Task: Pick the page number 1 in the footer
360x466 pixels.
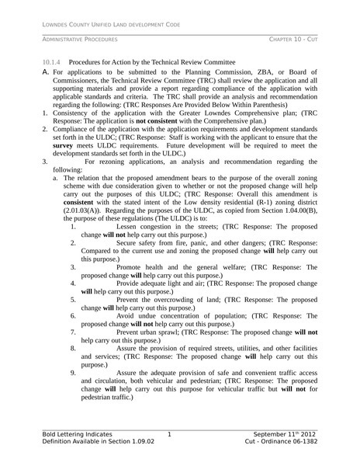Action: tap(169, 433)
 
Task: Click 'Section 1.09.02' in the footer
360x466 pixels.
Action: tap(128, 441)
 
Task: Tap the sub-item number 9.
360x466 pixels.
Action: tap(72, 372)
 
